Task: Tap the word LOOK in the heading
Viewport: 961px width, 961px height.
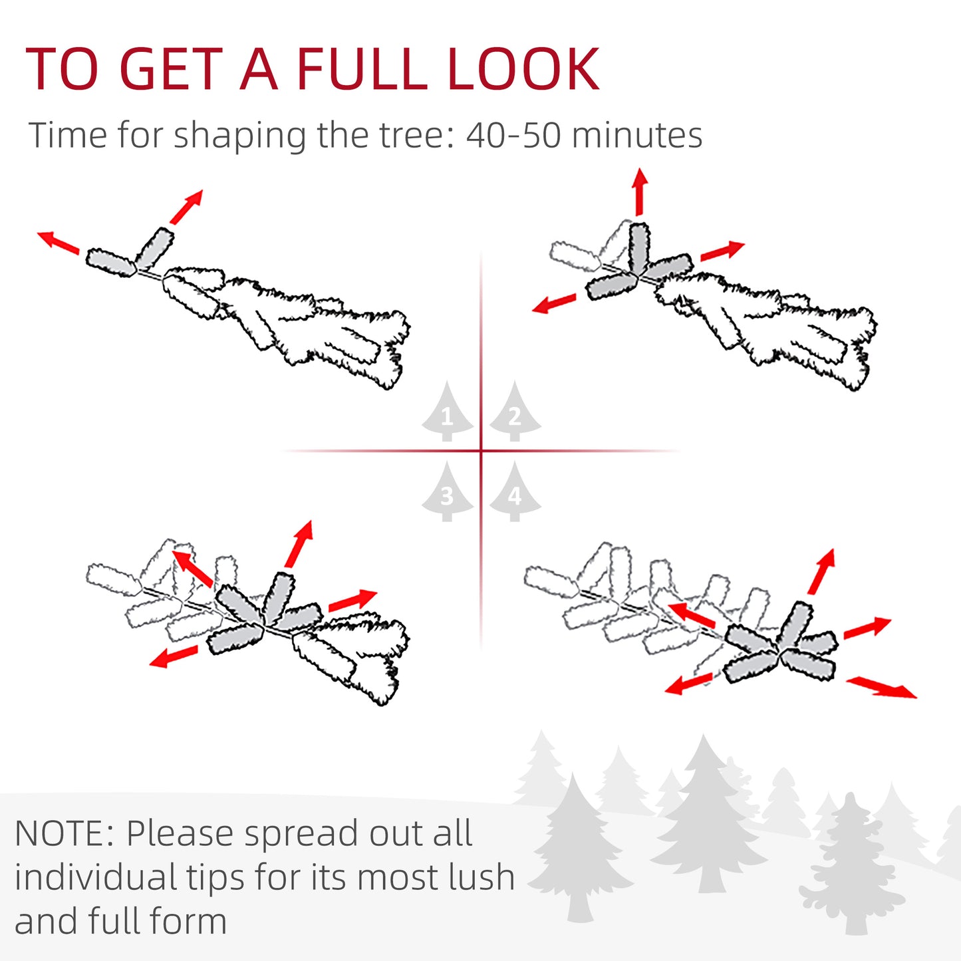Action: click(523, 69)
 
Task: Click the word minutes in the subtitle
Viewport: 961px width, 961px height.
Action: click(636, 136)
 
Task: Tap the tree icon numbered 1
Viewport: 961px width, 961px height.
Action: click(447, 414)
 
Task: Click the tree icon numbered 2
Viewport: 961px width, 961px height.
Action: click(515, 414)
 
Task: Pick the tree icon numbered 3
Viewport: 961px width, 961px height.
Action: click(447, 493)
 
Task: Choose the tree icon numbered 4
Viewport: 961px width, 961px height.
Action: click(515, 493)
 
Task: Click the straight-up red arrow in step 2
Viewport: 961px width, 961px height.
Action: click(640, 192)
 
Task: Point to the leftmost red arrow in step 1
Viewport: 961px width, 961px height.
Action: click(58, 242)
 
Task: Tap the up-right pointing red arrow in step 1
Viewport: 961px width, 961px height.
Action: click(186, 207)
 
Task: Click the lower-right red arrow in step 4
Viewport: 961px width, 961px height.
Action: click(881, 687)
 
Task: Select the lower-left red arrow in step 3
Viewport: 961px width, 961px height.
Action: click(174, 656)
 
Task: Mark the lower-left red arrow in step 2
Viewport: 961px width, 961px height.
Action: click(554, 304)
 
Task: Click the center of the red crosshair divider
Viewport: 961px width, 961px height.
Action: click(481, 451)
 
